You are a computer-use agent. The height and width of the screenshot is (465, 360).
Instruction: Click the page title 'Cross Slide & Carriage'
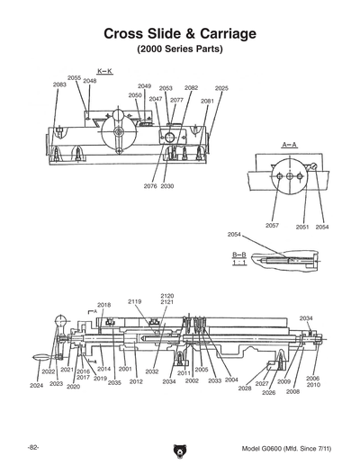180,33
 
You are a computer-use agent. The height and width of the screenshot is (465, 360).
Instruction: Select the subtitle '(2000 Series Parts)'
180,49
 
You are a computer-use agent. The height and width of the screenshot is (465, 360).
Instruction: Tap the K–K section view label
103,70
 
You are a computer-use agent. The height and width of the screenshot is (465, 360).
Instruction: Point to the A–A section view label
289,144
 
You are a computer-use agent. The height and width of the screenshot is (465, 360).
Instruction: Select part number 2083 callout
59,85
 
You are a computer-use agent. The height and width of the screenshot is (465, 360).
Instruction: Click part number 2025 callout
221,88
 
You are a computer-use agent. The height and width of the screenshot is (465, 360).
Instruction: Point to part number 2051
302,227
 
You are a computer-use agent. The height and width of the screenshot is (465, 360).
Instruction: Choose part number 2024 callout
36,386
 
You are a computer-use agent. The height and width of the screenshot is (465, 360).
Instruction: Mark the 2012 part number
136,381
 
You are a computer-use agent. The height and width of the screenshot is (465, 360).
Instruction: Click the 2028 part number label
245,388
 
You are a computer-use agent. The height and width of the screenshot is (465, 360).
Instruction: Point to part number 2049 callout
144,85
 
